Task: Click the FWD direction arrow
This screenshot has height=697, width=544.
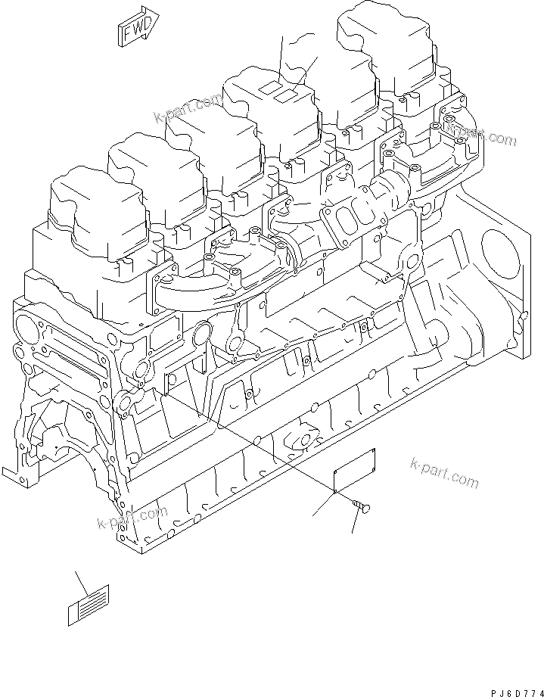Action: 136,26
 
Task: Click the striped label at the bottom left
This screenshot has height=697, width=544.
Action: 88,605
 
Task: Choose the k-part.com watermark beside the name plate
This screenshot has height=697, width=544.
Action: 445,471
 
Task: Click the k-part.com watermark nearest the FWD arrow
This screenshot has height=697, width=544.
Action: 188,107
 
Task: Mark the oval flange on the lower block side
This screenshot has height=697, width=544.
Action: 306,440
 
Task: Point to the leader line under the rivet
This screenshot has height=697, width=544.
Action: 355,523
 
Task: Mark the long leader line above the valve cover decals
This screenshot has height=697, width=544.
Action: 280,61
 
